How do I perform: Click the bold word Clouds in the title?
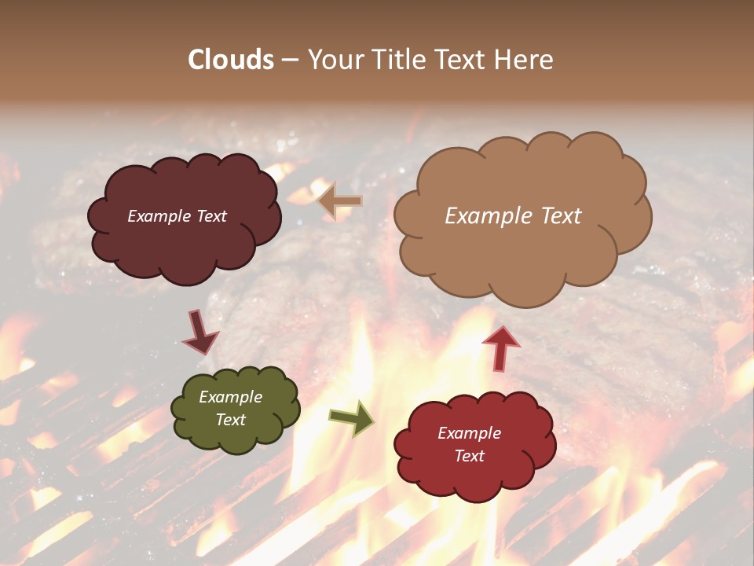[x=231, y=60]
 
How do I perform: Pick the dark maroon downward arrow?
[x=200, y=333]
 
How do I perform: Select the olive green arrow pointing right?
[x=352, y=417]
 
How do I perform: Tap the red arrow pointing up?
[x=500, y=347]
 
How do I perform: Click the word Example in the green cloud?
[x=230, y=398]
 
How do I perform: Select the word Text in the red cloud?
[x=469, y=456]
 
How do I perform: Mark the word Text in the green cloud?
[x=230, y=420]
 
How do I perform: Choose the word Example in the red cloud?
[x=469, y=433]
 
